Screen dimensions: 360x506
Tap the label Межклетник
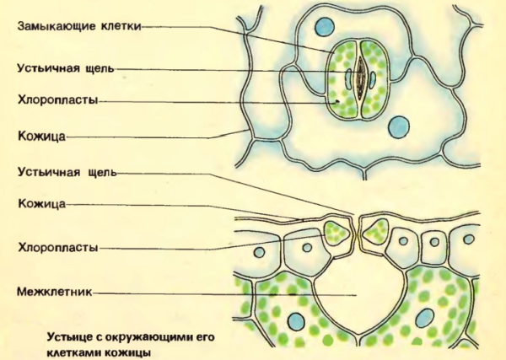51,293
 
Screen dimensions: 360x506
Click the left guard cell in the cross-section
337,231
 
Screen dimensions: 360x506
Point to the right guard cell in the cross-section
374,229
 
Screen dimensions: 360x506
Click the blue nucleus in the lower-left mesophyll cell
296,320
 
